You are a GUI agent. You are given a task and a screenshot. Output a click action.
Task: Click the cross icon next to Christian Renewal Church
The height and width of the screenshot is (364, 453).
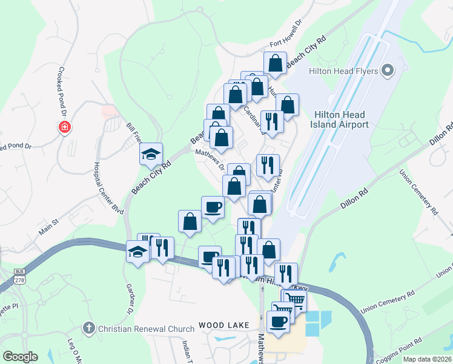(x=89, y=329)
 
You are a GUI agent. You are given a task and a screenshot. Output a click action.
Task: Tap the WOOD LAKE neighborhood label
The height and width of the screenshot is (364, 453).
(x=223, y=326)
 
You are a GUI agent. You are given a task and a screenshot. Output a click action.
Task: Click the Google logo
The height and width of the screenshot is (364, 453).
(x=20, y=357)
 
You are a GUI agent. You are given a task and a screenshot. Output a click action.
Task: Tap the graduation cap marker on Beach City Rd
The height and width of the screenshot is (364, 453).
(x=151, y=153)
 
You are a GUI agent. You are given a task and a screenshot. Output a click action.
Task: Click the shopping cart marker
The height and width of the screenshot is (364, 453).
(x=296, y=299)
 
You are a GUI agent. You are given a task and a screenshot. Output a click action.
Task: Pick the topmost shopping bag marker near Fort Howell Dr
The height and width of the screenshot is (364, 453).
(x=275, y=63)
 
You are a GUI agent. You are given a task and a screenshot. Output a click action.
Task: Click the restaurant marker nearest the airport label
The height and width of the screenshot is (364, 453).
(x=272, y=120)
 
